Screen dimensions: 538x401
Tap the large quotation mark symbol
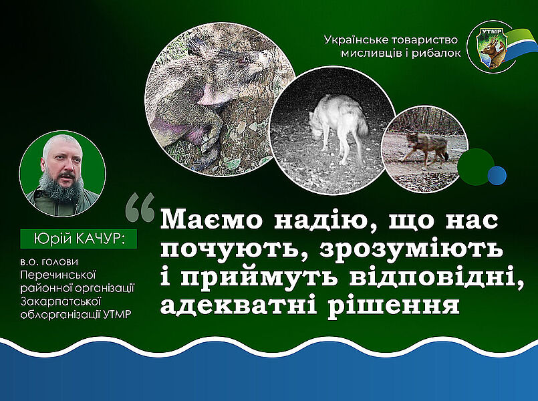tap(140, 207)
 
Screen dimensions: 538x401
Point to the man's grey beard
tap(61, 187)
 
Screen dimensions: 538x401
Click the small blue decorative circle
tap(497, 175)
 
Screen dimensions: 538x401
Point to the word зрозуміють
tap(411, 248)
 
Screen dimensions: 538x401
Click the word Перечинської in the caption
tap(58, 275)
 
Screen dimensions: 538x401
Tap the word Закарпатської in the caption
tap(59, 301)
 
